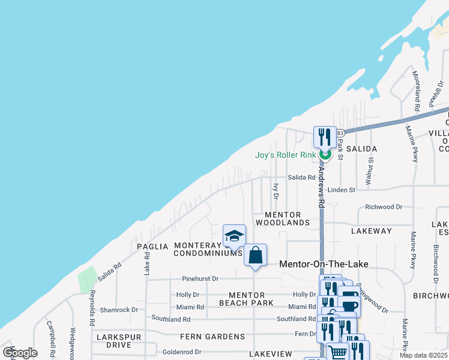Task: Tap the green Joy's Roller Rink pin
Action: click(x=325, y=155)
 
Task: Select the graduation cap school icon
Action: click(x=234, y=236)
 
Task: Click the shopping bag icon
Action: click(x=255, y=255)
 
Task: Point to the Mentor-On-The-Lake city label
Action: click(x=324, y=264)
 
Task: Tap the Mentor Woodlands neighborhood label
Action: click(x=282, y=218)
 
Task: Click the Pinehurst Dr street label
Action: click(x=200, y=279)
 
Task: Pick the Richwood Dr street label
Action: click(x=384, y=207)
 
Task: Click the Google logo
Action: click(x=20, y=353)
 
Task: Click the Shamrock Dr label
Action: click(x=119, y=310)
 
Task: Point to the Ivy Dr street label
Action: click(x=276, y=191)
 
